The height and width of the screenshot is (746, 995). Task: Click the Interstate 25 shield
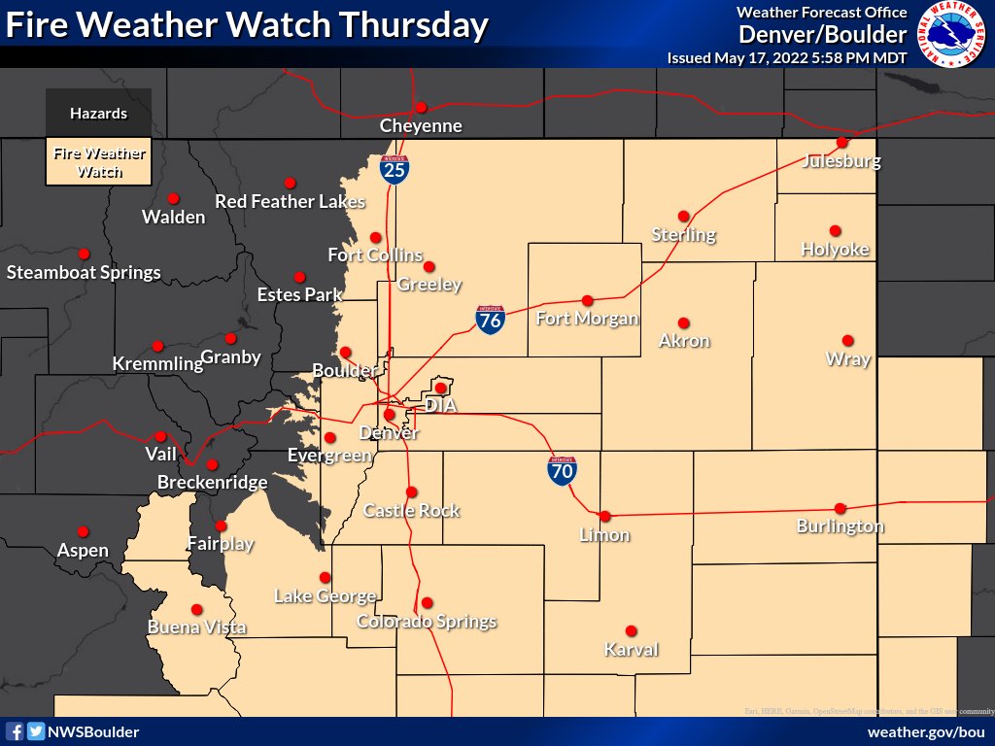[x=395, y=169]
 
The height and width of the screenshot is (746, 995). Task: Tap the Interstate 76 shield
[x=490, y=320]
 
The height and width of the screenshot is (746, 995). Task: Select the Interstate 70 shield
[x=563, y=471]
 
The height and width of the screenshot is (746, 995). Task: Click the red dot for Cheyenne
[x=421, y=107]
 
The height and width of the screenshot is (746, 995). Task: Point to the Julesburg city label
[x=841, y=160]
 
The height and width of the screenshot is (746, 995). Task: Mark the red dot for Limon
[x=604, y=516]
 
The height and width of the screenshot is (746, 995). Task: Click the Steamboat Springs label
[x=84, y=273]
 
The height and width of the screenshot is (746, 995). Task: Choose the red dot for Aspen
[x=83, y=531]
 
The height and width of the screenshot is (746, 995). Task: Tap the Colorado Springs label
[x=427, y=622]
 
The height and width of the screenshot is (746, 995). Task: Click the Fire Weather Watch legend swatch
[x=98, y=162]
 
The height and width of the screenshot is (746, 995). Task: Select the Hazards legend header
[x=98, y=114]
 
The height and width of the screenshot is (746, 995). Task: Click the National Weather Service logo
[x=952, y=35]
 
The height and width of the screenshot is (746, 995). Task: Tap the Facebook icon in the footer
[x=16, y=731]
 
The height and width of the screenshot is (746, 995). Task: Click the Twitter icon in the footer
[x=35, y=731]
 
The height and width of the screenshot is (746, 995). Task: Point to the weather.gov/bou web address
[x=925, y=731]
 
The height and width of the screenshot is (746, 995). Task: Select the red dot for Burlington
[x=841, y=508]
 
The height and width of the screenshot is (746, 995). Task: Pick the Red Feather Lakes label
[x=290, y=202]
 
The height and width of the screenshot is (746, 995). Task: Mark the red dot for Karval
[x=631, y=630]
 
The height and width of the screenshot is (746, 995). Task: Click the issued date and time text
[x=787, y=58]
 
